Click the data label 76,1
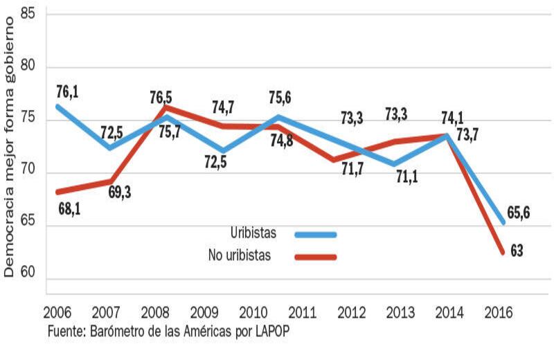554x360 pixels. (x=68, y=91)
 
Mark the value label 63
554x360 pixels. (x=516, y=251)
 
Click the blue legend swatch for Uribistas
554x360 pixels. (x=315, y=235)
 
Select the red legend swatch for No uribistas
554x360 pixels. (x=315, y=257)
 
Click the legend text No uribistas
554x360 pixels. (x=239, y=255)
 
